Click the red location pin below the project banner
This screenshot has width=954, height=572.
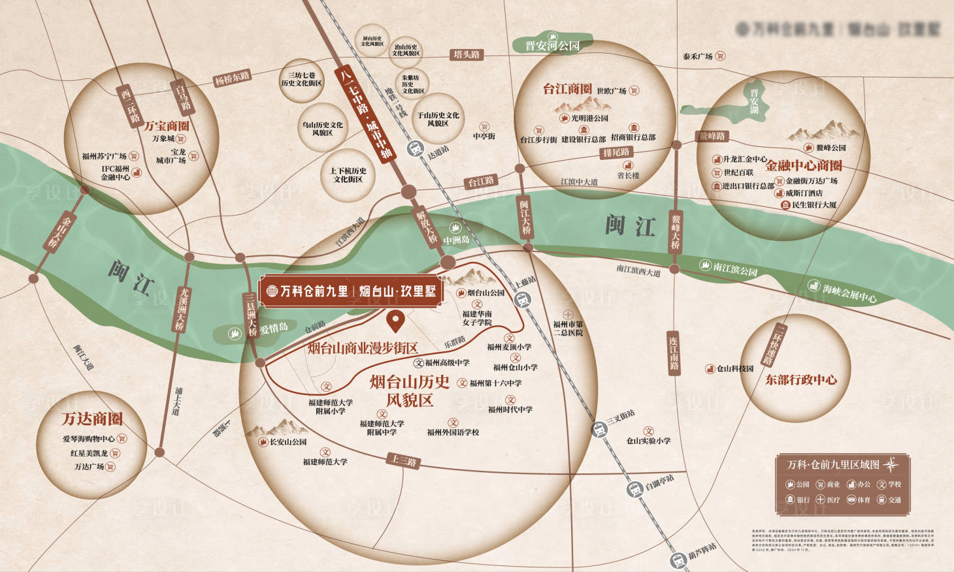tap(395, 321)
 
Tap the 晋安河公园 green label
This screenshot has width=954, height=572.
tap(552, 44)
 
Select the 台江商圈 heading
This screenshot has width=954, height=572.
tap(567, 89)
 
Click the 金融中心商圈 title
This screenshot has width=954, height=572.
tap(804, 166)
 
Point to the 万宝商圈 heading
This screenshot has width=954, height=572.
tap(167, 125)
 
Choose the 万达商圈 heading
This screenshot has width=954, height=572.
tap(92, 419)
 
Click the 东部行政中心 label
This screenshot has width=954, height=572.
tap(800, 380)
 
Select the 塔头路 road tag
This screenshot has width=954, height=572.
tap(467, 55)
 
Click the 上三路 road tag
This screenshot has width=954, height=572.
tap(403, 460)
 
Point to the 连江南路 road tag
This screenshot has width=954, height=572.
tap(673, 353)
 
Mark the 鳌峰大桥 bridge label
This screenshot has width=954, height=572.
tap(676, 232)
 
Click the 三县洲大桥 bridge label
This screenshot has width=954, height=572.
tap(250, 314)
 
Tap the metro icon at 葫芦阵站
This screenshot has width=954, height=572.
tap(678, 560)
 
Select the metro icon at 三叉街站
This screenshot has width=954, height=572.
tap(599, 429)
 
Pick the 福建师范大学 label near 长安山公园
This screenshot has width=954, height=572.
tap(325, 462)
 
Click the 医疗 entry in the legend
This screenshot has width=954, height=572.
tap(827, 500)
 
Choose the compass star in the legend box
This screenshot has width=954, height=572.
tap(891, 465)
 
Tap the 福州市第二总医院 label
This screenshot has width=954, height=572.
tap(568, 328)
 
